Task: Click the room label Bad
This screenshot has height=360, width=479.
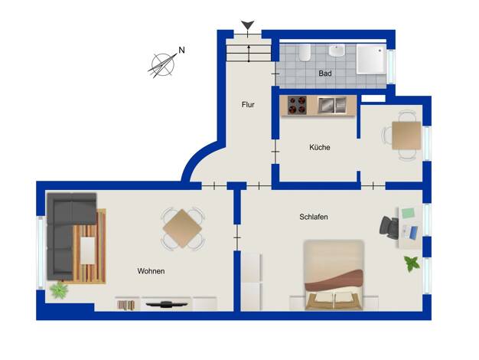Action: click(324, 74)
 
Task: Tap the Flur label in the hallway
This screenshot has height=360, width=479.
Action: click(248, 105)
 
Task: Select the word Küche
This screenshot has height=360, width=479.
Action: click(320, 147)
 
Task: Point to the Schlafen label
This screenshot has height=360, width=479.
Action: click(314, 217)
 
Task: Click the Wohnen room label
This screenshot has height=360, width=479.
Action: click(151, 271)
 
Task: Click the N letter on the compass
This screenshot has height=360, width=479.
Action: click(182, 50)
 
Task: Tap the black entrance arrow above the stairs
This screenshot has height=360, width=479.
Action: click(247, 25)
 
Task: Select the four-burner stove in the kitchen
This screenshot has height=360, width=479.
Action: click(297, 105)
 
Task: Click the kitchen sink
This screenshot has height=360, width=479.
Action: click(331, 105)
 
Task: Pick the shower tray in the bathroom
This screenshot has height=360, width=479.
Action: click(371, 59)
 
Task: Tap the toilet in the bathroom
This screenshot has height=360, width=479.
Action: click(305, 52)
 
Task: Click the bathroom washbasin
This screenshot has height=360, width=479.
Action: click(337, 51)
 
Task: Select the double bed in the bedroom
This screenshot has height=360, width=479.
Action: click(334, 275)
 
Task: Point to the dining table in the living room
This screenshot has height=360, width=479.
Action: click(182, 228)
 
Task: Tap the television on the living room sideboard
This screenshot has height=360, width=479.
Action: click(166, 304)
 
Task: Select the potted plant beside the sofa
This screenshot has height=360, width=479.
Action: click(59, 290)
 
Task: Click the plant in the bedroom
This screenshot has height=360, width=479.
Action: click(411, 263)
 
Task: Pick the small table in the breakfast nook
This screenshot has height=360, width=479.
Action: click(406, 136)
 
